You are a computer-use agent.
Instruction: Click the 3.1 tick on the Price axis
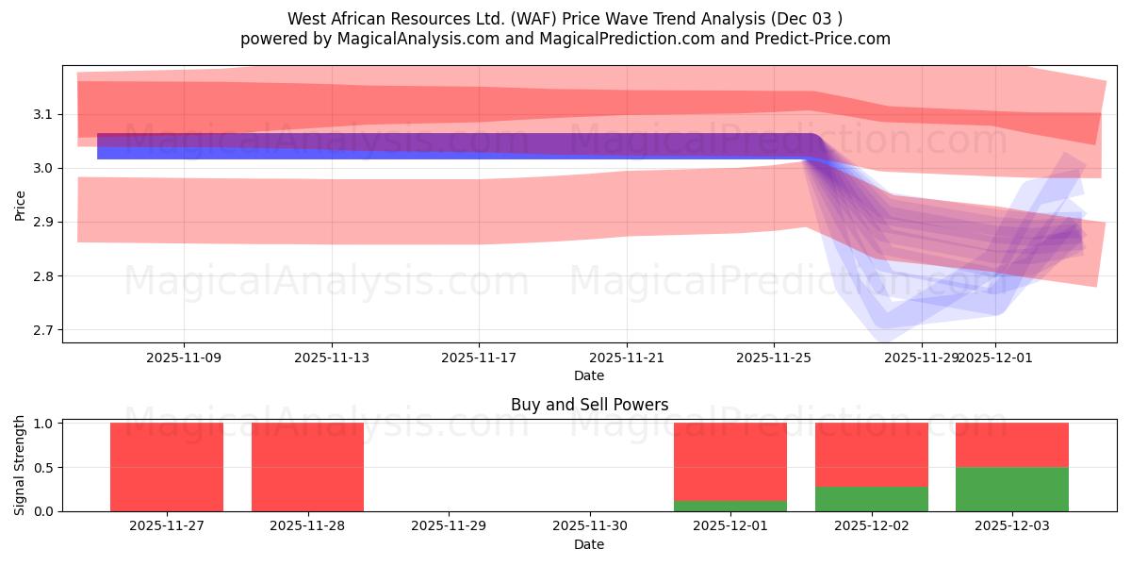45,114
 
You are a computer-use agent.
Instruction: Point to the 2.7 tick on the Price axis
45,330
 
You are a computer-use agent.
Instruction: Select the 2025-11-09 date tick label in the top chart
184,358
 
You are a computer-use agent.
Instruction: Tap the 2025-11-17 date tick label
479,358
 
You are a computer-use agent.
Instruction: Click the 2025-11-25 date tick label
774,358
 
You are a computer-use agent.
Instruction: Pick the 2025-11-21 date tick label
627,358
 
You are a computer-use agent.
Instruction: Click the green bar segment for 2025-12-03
1012,489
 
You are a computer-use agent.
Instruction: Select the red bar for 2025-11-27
167,467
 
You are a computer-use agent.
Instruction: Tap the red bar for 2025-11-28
307,467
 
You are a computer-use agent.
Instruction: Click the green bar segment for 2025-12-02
872,499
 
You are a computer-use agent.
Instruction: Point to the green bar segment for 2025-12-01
730,506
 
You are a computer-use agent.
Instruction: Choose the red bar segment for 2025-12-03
1012,445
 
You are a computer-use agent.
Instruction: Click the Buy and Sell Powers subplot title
589,405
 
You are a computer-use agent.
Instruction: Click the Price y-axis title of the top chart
20,204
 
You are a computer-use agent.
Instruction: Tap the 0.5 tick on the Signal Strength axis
45,467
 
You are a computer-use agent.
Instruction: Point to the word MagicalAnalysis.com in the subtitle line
406,39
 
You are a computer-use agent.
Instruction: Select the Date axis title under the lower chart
589,544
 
